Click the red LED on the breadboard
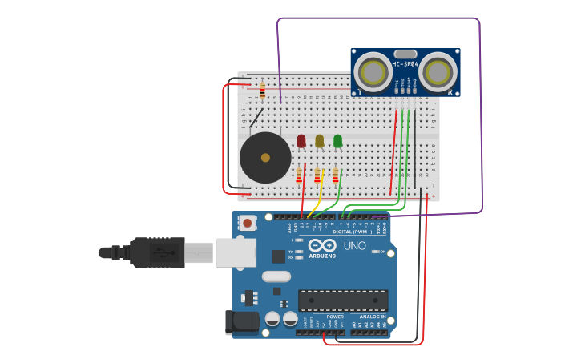click(x=301, y=141)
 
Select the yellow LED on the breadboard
click(x=319, y=141)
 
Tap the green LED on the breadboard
click(x=337, y=141)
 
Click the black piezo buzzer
click(x=265, y=157)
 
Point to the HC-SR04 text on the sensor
click(x=405, y=63)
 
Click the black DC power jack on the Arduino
click(x=241, y=322)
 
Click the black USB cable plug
click(x=157, y=252)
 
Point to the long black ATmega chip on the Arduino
click(x=343, y=300)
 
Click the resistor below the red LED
click(x=299, y=175)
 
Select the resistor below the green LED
click(x=335, y=175)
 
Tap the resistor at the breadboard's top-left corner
click(x=262, y=91)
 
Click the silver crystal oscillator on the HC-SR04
click(x=405, y=53)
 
